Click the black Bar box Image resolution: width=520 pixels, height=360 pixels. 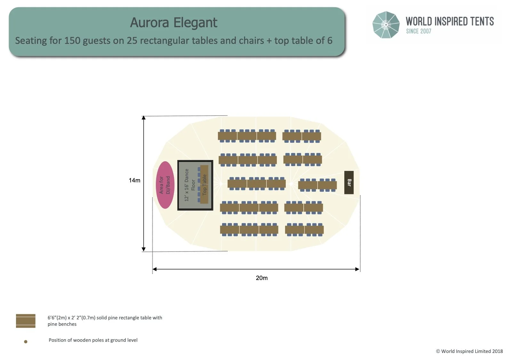point(349,182)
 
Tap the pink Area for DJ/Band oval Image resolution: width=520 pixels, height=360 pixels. point(165,185)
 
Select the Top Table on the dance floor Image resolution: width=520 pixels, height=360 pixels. point(204,185)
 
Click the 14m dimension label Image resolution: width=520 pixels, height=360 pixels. point(134,180)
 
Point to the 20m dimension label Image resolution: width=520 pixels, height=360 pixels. point(261,278)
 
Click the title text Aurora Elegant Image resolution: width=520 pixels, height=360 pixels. point(173,23)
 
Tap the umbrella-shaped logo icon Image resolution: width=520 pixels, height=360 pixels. point(386,25)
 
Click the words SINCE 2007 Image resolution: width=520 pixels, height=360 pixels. point(419,31)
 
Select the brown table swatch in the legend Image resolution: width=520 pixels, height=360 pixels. point(26,321)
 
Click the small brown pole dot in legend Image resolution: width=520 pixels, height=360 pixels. point(26,342)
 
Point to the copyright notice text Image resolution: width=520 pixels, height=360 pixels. point(469,351)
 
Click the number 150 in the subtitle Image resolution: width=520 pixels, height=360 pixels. point(72,41)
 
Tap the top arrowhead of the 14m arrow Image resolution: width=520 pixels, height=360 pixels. point(144,118)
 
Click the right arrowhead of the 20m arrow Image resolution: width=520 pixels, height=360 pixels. point(357,269)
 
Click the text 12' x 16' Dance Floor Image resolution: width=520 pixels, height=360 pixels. point(189,185)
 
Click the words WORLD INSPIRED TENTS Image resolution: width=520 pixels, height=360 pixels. point(450,21)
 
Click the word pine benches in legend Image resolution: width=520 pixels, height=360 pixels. point(62,324)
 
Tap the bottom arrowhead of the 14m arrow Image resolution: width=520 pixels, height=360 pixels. point(144,249)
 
